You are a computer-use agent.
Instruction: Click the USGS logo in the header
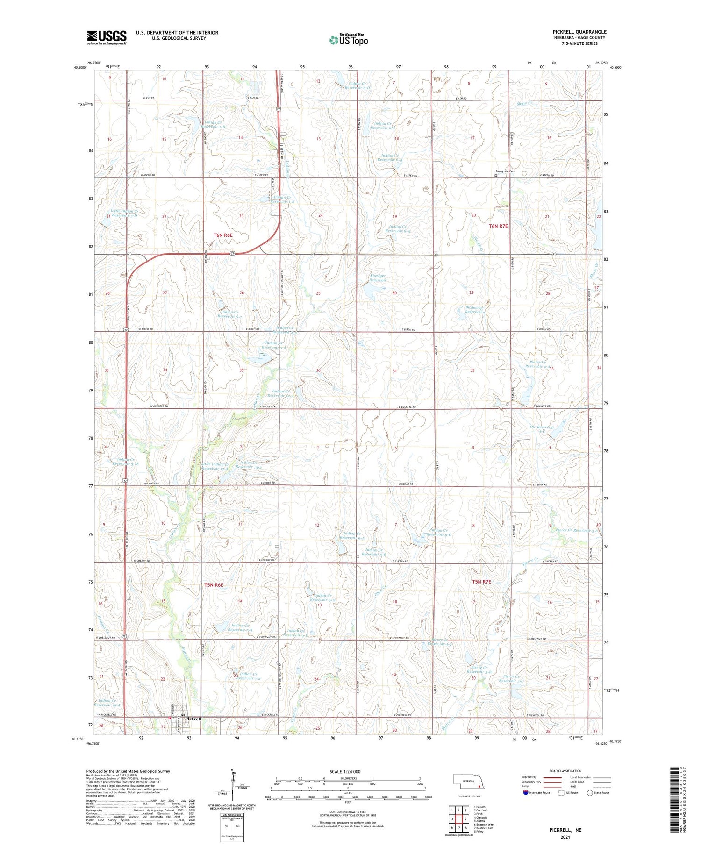[107, 37]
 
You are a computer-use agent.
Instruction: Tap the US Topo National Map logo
[348, 40]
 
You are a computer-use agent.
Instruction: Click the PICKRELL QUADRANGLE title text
[579, 32]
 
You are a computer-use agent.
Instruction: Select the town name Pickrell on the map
[193, 719]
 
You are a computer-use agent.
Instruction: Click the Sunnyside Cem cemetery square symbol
[496, 176]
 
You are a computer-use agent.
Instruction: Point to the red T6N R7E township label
[498, 226]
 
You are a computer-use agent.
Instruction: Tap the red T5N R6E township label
[214, 585]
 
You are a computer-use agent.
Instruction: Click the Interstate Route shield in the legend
[526, 792]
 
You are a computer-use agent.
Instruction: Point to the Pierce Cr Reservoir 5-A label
[578, 530]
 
